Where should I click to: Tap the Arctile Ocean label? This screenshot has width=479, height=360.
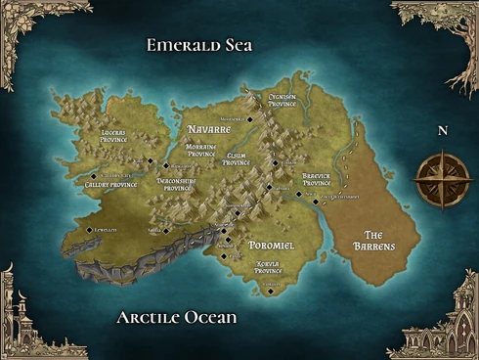point(177,318)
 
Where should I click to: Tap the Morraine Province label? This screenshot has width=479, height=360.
point(201,150)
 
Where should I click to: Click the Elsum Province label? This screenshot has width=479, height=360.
point(237,158)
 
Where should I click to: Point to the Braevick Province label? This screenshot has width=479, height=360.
point(316,179)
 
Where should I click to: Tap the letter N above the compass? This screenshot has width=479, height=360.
point(442,130)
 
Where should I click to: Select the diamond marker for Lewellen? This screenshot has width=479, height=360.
point(89,230)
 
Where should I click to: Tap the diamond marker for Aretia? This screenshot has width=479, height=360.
point(166,231)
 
